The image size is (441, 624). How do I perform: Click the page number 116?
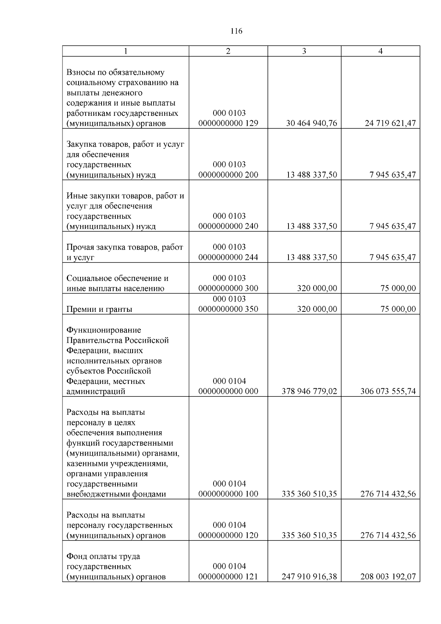click(236, 31)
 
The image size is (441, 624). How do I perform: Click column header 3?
click(304, 51)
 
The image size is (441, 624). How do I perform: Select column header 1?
click(125, 51)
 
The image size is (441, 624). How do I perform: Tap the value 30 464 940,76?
click(312, 123)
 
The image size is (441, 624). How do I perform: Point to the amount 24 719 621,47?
click(390, 123)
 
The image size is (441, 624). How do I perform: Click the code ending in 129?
click(228, 123)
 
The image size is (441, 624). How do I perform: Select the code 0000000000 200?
click(228, 175)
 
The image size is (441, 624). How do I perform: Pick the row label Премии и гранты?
click(99, 309)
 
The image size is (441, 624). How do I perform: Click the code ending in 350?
click(228, 309)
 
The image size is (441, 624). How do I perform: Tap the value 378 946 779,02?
click(309, 391)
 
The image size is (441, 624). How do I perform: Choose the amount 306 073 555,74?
click(388, 391)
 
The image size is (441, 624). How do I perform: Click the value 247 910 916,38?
click(309, 577)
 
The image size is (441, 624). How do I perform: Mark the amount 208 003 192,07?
click(388, 577)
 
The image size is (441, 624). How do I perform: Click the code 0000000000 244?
click(228, 257)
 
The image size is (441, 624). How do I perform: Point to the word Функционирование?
click(104, 330)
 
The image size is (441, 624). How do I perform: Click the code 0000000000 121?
click(228, 577)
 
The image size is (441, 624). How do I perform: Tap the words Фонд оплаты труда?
click(103, 556)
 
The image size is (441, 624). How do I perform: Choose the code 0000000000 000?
click(228, 391)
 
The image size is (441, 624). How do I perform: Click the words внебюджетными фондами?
click(116, 494)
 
